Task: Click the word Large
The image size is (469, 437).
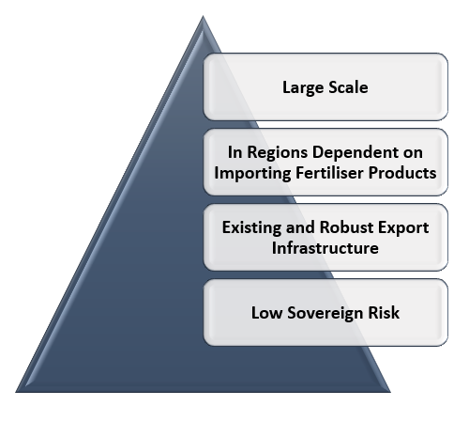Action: point(303,87)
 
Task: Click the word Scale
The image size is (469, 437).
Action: point(348,87)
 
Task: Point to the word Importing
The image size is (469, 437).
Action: point(252,173)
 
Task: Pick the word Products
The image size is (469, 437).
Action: point(402,173)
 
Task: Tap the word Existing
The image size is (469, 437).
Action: point(251,227)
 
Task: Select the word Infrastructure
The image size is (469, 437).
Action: point(325,248)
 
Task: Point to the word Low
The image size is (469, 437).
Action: point(266,313)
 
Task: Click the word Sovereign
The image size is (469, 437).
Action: point(325,313)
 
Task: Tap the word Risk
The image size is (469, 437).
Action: point(384,313)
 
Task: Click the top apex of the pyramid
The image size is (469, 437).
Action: point(203,16)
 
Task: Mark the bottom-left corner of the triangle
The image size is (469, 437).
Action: point(16,392)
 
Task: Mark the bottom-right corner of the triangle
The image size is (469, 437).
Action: point(390,392)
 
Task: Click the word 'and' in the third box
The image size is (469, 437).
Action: point(300,227)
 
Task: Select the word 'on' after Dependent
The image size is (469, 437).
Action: point(413,153)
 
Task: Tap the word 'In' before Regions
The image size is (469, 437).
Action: point(234,152)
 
